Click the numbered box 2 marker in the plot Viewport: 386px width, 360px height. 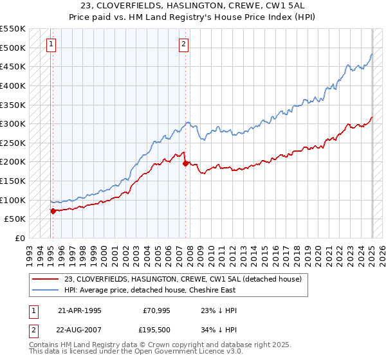tap(183, 44)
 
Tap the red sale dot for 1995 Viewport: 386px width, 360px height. tap(53, 210)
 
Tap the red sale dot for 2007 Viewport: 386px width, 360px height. tap(185, 163)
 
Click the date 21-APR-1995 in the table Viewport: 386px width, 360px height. tap(79, 310)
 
